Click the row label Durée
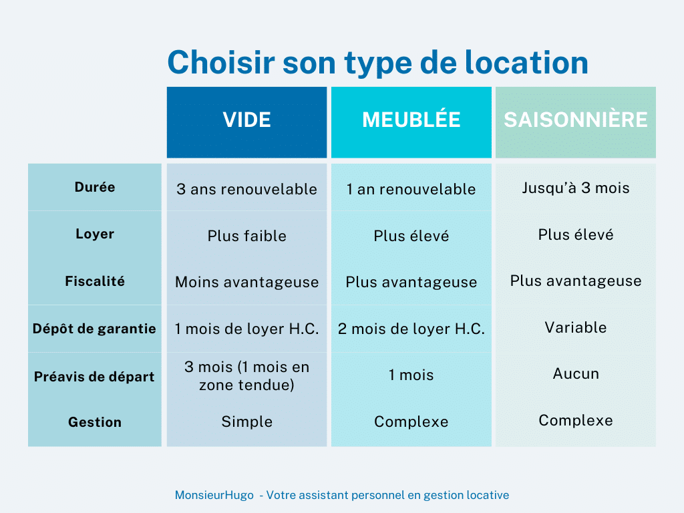[95, 187]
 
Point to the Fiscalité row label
[95, 281]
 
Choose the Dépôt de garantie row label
[94, 329]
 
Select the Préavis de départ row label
[94, 377]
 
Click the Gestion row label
[95, 422]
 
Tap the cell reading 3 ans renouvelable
[246, 189]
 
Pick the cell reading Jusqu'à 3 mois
[575, 188]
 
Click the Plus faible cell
[246, 236]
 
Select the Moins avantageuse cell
[246, 283]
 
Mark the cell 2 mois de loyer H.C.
[411, 329]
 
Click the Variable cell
[575, 327]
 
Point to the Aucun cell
[575, 374]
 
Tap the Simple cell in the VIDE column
[246, 421]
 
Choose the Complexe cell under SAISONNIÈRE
[575, 420]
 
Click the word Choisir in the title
[221, 62]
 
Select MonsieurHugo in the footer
[214, 495]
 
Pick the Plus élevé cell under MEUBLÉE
[411, 236]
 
